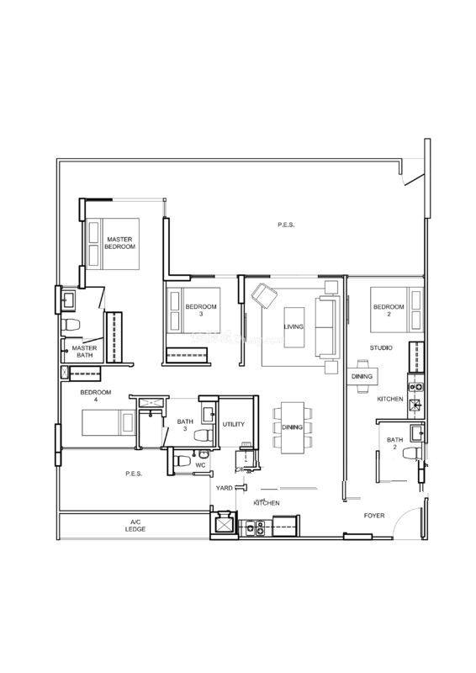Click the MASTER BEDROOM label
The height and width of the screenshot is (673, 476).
121,243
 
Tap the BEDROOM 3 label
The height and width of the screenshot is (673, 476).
201,310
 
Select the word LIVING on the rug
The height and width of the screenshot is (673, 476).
294,326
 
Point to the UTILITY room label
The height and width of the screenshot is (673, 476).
234,424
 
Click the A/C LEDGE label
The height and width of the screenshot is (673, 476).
135,525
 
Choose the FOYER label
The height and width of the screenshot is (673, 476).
374,515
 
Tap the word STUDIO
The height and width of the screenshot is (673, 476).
381,347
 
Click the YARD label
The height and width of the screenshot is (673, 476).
224,488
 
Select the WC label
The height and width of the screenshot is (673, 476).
200,465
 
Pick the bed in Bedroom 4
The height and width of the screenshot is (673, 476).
108,423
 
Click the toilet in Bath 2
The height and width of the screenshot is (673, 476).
412,453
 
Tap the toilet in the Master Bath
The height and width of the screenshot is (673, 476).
71,325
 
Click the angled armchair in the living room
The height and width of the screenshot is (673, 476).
264,295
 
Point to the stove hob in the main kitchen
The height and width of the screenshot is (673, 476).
255,528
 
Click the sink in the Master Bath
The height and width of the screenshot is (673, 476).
68,299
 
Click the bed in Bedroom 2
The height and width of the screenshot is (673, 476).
397,310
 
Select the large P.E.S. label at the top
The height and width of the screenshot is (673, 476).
286,225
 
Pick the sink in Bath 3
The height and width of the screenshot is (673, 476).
209,414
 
